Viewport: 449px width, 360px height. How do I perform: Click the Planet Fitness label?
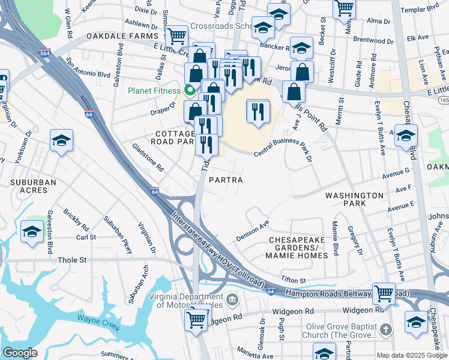153,91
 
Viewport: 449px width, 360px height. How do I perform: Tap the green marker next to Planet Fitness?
190,91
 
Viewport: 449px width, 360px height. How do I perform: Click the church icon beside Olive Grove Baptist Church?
385,329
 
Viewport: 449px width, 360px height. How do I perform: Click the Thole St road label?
73,260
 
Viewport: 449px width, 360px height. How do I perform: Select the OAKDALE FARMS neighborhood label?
116,36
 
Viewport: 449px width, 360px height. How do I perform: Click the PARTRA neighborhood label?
226,180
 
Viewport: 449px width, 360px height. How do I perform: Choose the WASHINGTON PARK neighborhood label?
354,200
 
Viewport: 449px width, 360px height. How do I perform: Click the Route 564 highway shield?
44,53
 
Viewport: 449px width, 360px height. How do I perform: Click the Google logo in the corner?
19,353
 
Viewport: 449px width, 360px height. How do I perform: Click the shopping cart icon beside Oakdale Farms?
176,36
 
